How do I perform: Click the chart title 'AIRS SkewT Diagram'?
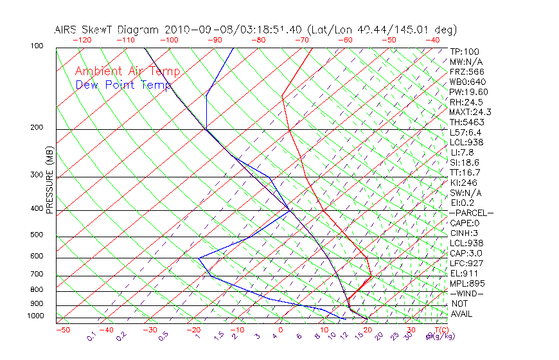(108, 30)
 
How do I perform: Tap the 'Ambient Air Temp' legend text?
(127, 71)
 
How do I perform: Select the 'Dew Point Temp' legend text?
(123, 85)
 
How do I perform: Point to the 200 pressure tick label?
(37, 127)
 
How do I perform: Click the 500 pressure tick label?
(37, 235)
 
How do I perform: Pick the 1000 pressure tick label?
(35, 316)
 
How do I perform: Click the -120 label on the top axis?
(82, 40)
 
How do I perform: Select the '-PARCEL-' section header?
(472, 213)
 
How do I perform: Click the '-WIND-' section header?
(467, 293)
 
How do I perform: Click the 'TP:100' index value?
(465, 51)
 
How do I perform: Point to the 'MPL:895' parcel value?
(467, 283)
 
